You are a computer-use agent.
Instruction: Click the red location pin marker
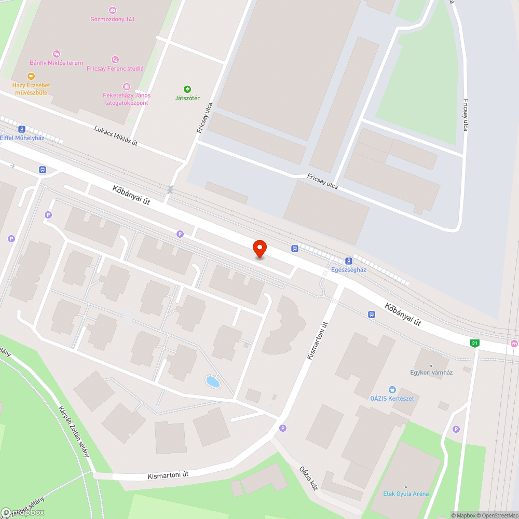[259, 248]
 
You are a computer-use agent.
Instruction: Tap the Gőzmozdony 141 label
[113, 19]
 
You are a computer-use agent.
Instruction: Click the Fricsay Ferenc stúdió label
[115, 69]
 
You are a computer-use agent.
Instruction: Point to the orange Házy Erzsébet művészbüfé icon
[31, 76]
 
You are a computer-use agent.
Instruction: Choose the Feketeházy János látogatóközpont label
[127, 99]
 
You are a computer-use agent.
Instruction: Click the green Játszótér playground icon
[187, 89]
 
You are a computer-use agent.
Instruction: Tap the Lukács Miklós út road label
[116, 135]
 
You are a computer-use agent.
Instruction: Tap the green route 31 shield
[474, 343]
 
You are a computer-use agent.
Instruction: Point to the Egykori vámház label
[431, 372]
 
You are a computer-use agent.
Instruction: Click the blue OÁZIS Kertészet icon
[392, 389]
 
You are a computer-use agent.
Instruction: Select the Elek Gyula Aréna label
[406, 494]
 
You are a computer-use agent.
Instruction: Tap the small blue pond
[213, 382]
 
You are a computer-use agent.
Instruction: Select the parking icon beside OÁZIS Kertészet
[456, 429]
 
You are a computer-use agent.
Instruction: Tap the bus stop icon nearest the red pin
[295, 249]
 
